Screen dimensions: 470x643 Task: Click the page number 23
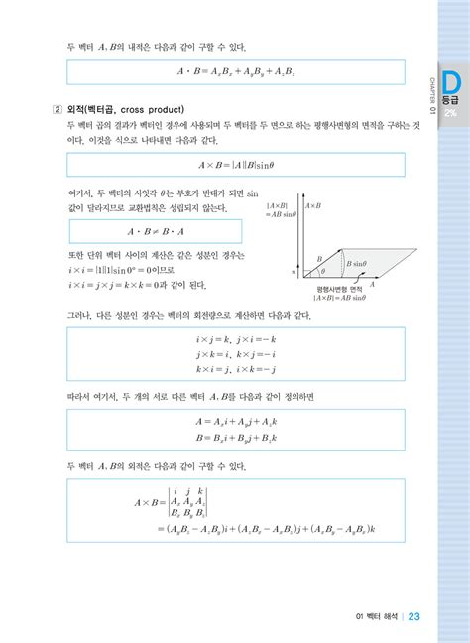click(x=413, y=615)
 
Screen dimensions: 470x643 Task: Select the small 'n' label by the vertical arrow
click(x=294, y=269)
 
